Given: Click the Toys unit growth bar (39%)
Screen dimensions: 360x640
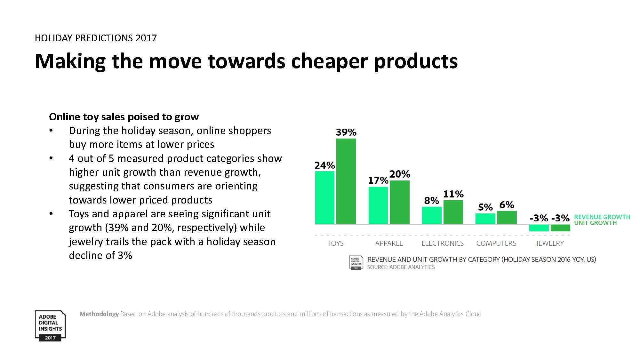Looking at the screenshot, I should click(346, 181).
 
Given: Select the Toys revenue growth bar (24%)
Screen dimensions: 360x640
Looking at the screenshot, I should click(324, 197).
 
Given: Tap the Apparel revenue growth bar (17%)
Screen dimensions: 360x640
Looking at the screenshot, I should click(378, 205).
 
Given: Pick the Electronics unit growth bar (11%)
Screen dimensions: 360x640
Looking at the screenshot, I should click(453, 212).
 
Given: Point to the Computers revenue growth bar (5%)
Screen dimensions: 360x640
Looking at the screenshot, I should click(485, 219).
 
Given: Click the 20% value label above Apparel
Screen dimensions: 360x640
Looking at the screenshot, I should click(400, 174).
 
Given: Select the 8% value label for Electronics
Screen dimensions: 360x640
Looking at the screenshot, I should click(431, 201).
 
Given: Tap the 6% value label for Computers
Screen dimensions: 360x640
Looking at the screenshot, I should click(507, 205).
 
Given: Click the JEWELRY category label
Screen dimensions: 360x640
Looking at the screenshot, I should click(550, 243).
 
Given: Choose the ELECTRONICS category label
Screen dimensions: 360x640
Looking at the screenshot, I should click(443, 243).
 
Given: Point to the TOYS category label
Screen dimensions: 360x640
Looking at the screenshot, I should click(335, 243).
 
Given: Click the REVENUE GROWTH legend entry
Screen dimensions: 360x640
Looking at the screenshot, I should click(602, 217).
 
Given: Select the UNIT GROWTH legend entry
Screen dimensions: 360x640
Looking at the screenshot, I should click(595, 223).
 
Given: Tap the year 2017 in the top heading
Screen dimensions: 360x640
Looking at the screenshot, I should click(146, 38).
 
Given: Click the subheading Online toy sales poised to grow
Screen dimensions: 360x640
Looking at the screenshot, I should click(124, 117).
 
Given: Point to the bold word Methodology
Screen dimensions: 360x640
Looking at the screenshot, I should click(99, 314).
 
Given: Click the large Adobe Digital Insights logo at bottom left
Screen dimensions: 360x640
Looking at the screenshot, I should click(50, 326).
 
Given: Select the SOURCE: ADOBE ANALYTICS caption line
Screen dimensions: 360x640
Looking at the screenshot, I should click(401, 267).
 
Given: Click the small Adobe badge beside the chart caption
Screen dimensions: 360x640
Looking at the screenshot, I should click(356, 263).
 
